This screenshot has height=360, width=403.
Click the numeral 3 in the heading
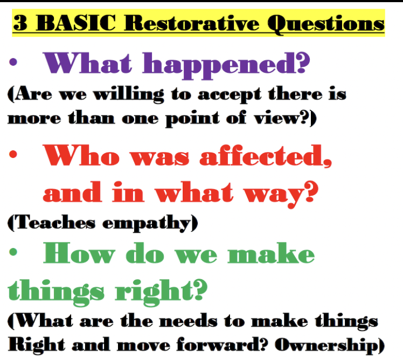20,23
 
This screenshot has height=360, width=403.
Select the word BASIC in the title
76,23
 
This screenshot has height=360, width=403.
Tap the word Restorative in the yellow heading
191,23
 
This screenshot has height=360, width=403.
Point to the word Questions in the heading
326,24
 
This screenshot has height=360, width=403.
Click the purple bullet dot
13,62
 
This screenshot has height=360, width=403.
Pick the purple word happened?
226,65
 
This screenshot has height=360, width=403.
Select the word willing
129,95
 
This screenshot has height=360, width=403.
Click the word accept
230,95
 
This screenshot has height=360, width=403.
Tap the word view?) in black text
286,118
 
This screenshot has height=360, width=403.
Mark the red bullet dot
13,154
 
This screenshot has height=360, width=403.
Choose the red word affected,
266,156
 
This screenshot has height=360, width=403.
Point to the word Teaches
51,222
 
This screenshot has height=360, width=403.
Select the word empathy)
150,223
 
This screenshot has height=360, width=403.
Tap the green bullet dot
13,252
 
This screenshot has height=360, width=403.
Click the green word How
79,253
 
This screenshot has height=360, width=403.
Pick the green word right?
161,293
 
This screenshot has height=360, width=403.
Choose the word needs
188,321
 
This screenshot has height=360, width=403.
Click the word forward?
222,344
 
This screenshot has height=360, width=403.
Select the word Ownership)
330,345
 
